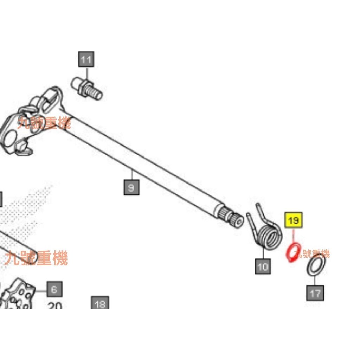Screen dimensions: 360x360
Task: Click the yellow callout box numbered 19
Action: pyautogui.click(x=294, y=220)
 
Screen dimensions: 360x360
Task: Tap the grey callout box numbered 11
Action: pyautogui.click(x=86, y=60)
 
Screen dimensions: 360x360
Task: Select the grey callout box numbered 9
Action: pyautogui.click(x=131, y=187)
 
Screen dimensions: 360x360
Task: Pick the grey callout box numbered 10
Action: pyautogui.click(x=263, y=266)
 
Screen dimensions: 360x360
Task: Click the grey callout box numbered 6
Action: pyautogui.click(x=54, y=289)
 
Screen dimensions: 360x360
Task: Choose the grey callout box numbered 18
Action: pyautogui.click(x=100, y=304)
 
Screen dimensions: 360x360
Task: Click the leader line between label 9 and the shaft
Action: pyautogui.click(x=131, y=175)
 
